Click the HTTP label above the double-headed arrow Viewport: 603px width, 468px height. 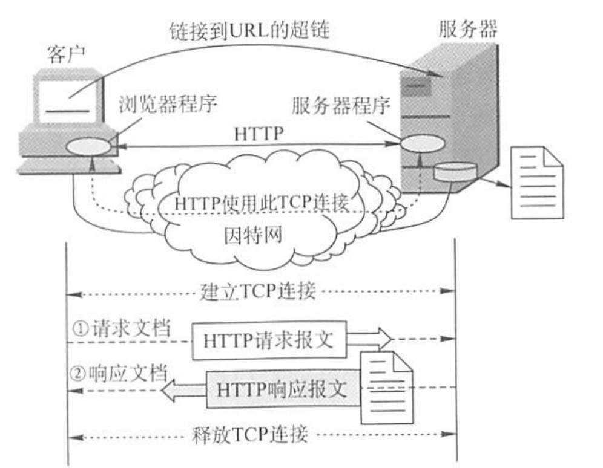259,134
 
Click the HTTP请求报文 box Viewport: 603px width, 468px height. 269,340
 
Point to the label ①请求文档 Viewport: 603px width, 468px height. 120,330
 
